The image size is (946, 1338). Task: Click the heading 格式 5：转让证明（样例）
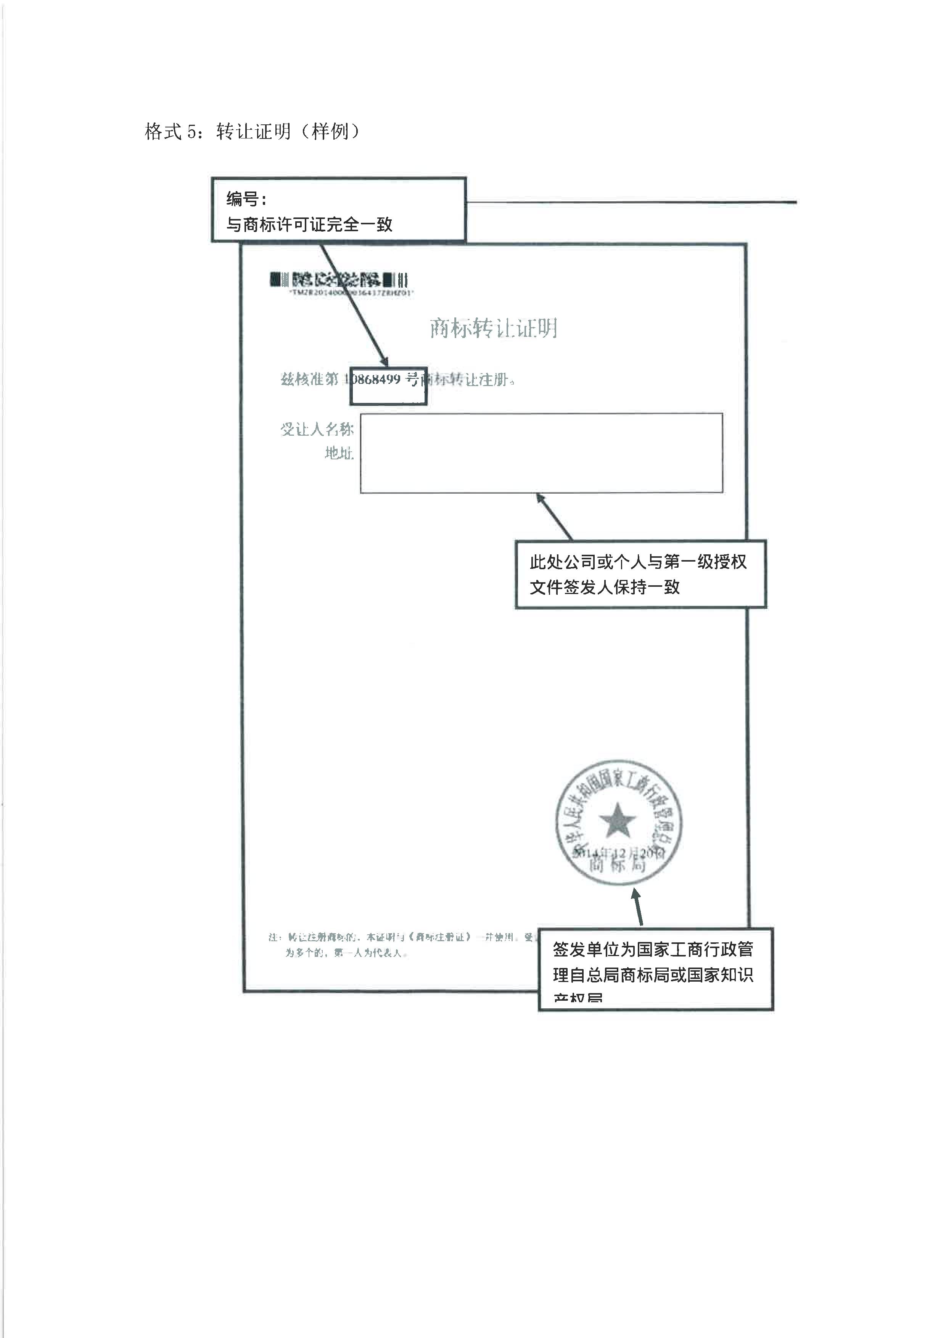[252, 132]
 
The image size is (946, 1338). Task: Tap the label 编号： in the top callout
[246, 199]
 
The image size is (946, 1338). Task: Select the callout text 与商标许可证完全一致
[309, 224]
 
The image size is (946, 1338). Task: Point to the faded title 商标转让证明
[493, 328]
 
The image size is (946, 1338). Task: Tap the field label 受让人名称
[317, 430]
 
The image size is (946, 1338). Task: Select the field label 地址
[339, 453]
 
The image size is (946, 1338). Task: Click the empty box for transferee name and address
[541, 453]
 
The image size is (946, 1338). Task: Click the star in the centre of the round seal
[618, 821]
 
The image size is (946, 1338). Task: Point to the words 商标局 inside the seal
[618, 865]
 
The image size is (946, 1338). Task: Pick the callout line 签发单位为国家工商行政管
[653, 949]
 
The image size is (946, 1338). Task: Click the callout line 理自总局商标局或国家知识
[653, 974]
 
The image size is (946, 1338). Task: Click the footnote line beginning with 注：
[396, 937]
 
